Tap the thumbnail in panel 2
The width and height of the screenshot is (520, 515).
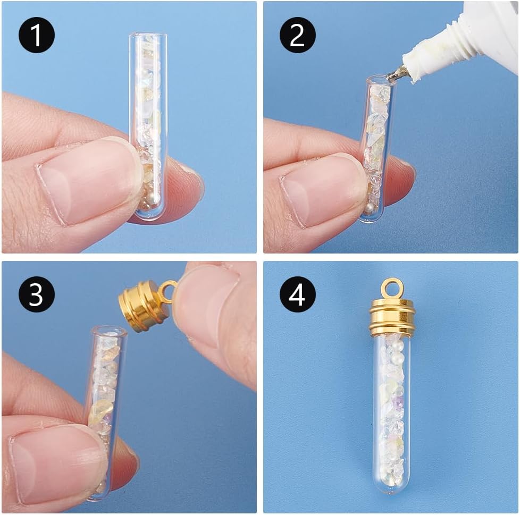coord(319,191)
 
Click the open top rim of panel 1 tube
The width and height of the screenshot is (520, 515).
coord(148,36)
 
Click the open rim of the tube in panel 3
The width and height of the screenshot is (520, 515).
coord(108,331)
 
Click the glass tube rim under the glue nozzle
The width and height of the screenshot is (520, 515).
coord(379,80)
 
